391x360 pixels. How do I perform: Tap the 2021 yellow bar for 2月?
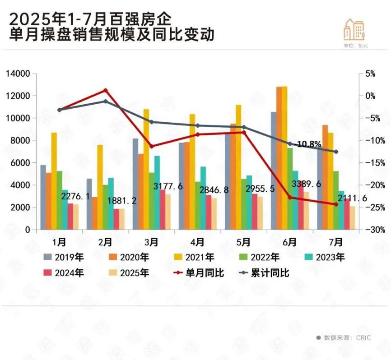[100, 187]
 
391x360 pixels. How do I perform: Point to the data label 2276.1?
[75, 197]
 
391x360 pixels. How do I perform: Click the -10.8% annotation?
[309, 144]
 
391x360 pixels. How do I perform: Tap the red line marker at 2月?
[106, 90]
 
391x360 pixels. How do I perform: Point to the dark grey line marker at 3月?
[152, 122]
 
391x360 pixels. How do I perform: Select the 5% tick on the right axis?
[370, 74]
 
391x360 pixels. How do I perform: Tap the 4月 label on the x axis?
[197, 242]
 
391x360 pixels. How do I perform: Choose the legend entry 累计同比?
[270, 273]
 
